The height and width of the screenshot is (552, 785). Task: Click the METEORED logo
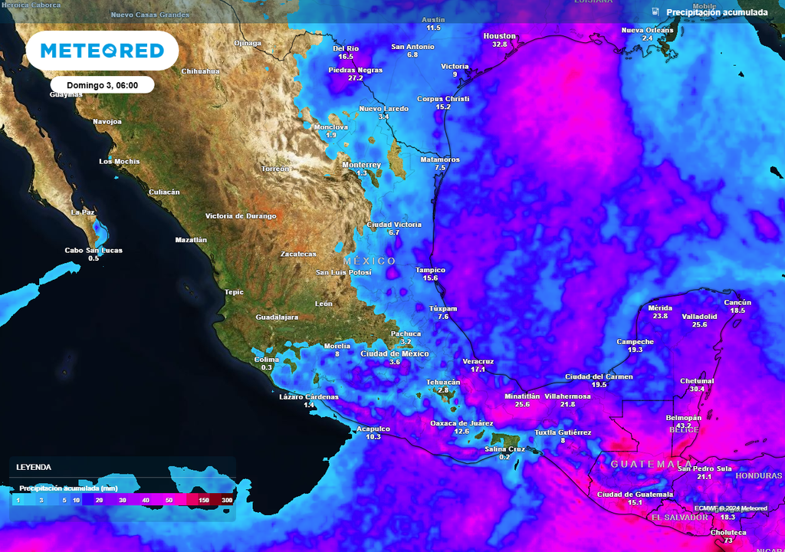tap(102, 51)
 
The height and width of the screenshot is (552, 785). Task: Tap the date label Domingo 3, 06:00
tap(102, 85)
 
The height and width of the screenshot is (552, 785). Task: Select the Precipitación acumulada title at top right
tap(717, 12)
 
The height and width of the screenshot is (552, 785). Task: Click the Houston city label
tap(500, 36)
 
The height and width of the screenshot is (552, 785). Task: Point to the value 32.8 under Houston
tap(500, 44)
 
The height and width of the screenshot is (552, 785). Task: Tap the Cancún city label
tap(737, 302)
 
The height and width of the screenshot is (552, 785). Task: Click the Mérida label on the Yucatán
tap(660, 308)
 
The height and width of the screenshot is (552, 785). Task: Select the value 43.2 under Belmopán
tap(684, 426)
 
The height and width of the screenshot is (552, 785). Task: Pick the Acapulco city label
tap(373, 429)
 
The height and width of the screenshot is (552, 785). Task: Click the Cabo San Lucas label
tap(94, 251)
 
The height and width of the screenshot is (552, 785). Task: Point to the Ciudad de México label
tap(395, 353)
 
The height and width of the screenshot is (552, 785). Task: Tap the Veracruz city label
tap(478, 361)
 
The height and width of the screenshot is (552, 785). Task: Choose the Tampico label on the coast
tap(430, 270)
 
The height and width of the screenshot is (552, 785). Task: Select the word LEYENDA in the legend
tap(34, 467)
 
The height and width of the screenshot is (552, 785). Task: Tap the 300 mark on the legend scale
tap(227, 501)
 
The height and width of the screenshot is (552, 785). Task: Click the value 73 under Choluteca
tap(728, 540)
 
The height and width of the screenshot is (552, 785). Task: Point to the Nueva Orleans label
tap(647, 30)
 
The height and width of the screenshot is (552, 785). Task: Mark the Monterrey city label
tap(362, 165)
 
